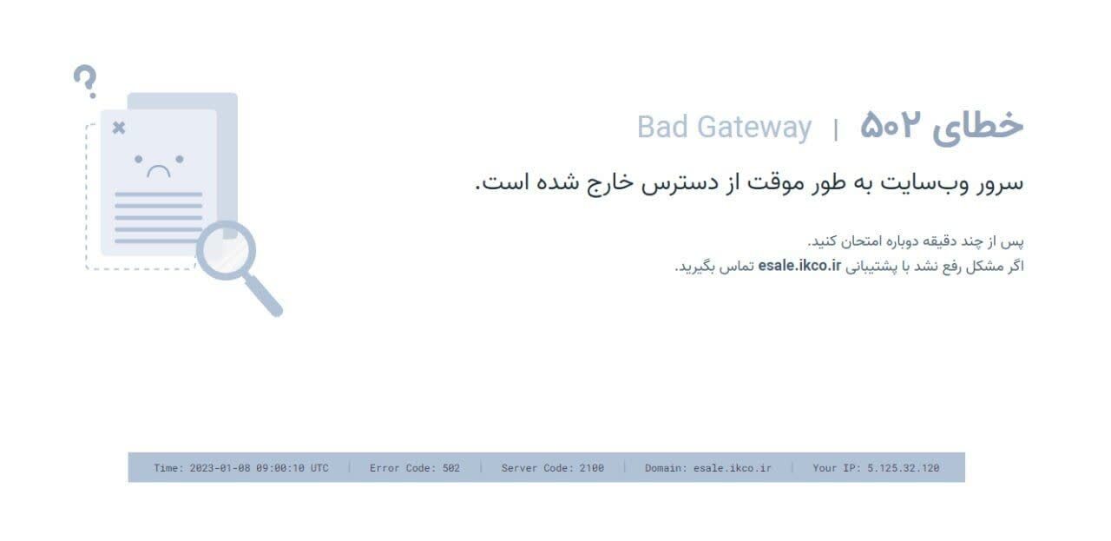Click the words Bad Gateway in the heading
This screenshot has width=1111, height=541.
coord(724,127)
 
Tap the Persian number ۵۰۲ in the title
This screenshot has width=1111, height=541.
coord(890,127)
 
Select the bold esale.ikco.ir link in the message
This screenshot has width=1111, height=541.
coord(799,266)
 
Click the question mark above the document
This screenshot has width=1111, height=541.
coord(84,81)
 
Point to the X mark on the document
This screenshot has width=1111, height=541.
coord(119,128)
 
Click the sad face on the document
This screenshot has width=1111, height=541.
coord(159,165)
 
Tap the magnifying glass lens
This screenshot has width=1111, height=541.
coord(225,249)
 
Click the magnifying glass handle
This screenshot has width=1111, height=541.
coord(265,298)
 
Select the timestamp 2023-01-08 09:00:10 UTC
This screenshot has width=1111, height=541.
coord(258,468)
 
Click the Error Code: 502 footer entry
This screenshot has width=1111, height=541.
coord(415,468)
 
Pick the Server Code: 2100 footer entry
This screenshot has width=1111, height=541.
coord(552,468)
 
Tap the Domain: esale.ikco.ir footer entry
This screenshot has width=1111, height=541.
coord(707,468)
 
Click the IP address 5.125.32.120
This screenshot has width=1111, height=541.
coord(903,468)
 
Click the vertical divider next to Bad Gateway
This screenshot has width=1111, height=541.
coord(836,129)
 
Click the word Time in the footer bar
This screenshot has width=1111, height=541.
coord(168,468)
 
